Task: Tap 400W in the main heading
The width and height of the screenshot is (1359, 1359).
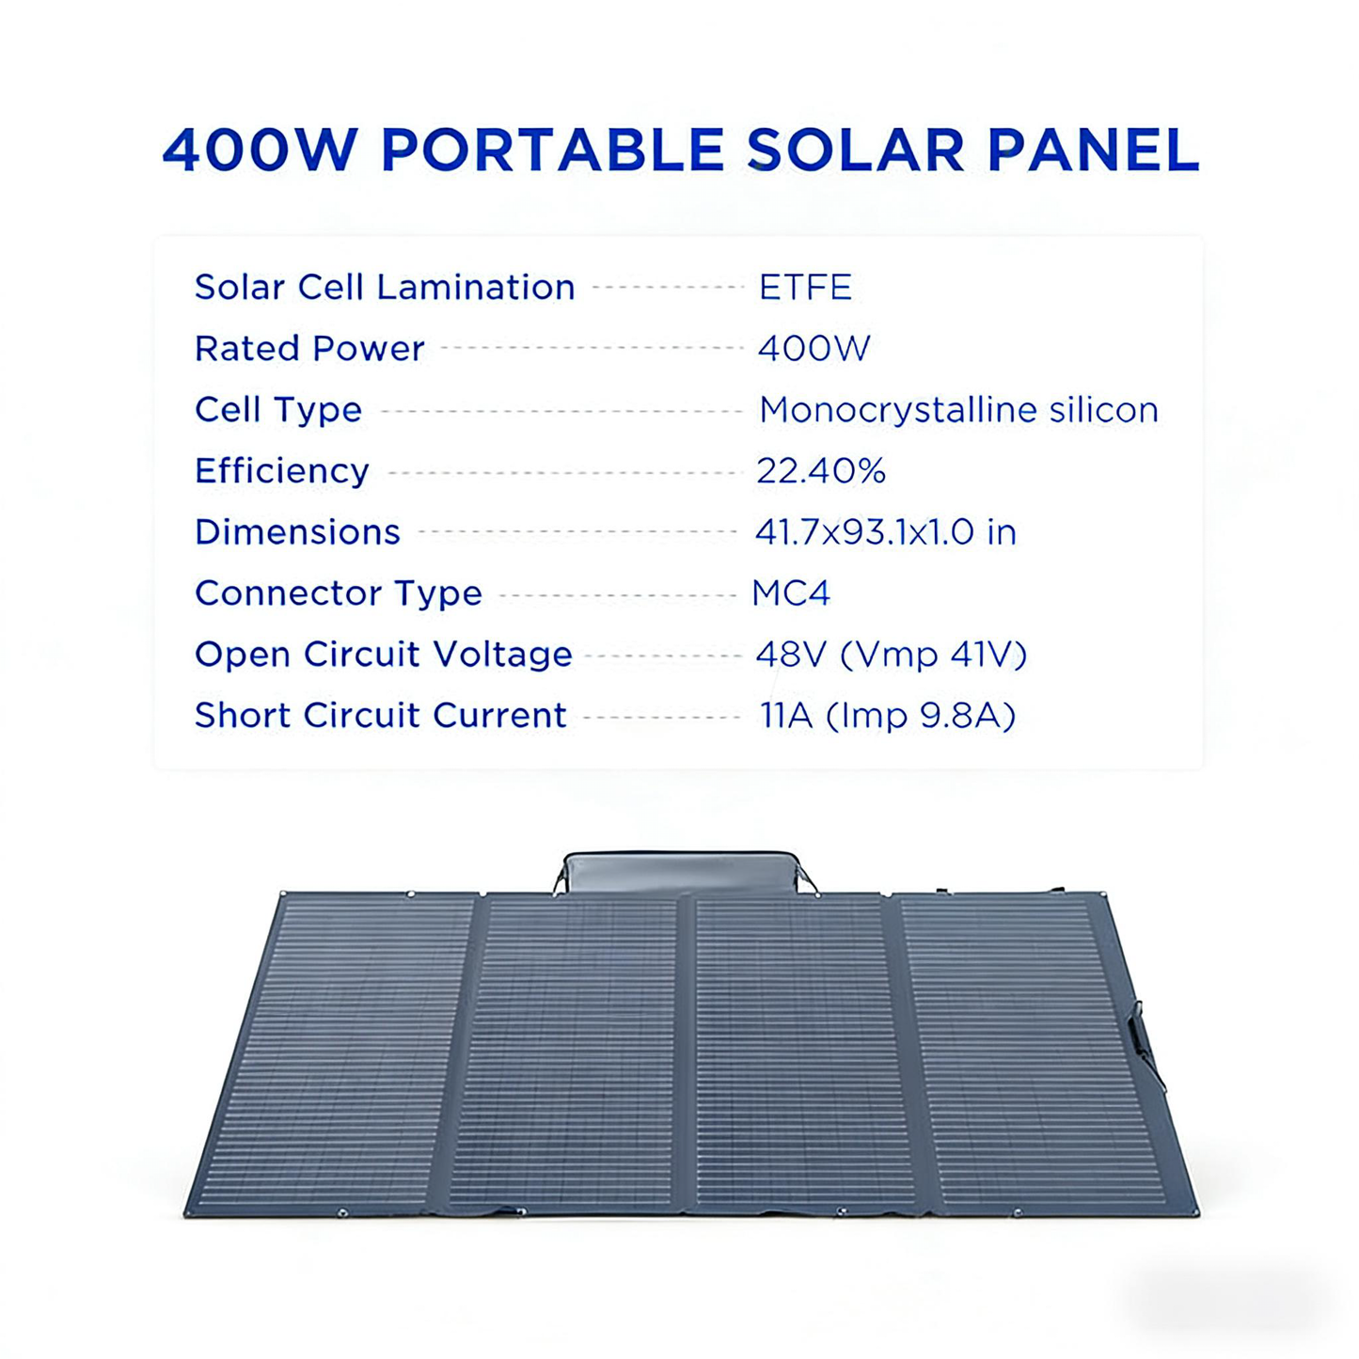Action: point(261,150)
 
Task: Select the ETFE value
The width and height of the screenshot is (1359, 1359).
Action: point(805,288)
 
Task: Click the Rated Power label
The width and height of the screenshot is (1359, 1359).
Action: point(309,349)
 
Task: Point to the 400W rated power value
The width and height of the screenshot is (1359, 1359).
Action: point(814,349)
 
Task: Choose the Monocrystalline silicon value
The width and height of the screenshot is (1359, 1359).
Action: point(958,410)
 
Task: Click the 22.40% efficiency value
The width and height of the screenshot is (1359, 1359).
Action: point(820,471)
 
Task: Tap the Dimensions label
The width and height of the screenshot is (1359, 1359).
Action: point(297,532)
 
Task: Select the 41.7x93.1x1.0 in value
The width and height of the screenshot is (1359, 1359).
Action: point(885,532)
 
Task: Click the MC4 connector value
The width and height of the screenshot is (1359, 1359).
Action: point(791,593)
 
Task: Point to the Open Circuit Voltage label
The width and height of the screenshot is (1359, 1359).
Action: point(383,655)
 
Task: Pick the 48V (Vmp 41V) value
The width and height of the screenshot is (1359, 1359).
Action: point(891,655)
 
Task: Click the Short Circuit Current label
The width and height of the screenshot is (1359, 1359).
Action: point(380,716)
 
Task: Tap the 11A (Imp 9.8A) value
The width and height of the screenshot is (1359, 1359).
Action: point(888,716)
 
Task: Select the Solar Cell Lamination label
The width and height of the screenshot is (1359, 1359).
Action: point(385,288)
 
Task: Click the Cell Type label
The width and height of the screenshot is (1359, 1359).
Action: point(278,410)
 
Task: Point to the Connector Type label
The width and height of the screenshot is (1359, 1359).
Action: point(338,593)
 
